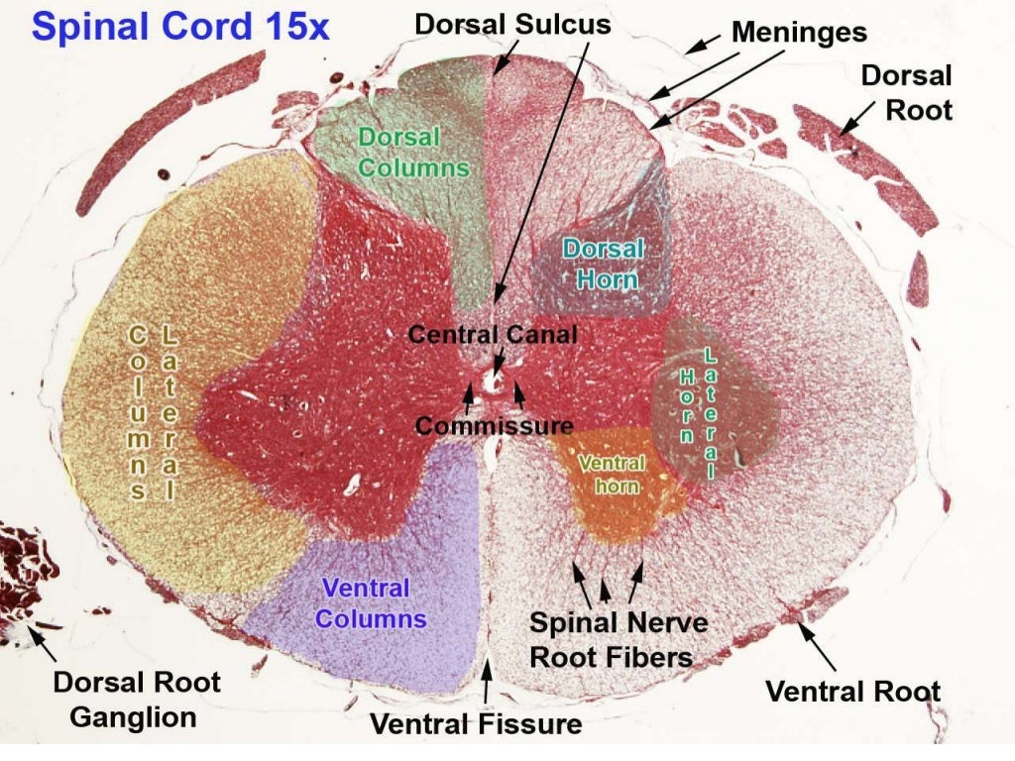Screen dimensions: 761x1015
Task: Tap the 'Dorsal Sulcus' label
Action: (x=512, y=24)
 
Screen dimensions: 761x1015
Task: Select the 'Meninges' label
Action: (x=799, y=32)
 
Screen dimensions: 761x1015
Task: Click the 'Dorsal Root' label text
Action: (x=906, y=91)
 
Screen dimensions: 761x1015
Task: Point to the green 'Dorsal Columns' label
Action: (x=412, y=153)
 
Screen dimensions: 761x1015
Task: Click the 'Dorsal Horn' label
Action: (x=601, y=264)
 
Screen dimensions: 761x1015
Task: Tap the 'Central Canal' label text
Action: (x=493, y=334)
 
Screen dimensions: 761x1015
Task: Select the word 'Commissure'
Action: (x=494, y=426)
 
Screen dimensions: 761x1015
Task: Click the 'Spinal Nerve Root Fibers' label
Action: (x=619, y=639)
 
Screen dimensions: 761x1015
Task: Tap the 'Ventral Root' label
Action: (x=853, y=691)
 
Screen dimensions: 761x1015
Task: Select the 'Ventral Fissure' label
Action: (x=476, y=724)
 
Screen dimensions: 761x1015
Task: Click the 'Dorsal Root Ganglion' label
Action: (x=136, y=699)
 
